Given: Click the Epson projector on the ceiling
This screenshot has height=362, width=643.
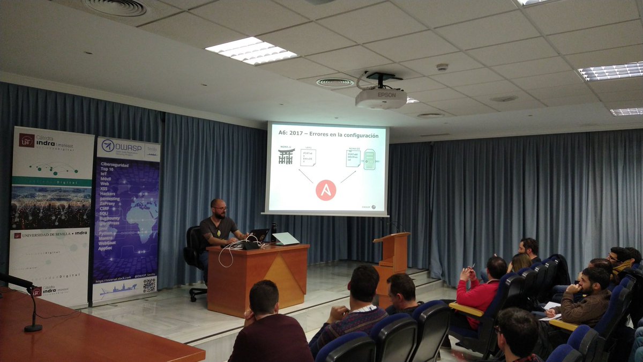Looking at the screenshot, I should tap(381, 98).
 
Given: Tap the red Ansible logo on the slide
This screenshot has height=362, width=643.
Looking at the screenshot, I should tap(326, 190).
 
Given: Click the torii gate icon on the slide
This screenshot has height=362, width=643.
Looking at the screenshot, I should tap(286, 156).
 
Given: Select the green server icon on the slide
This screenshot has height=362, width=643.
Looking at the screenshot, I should tap(369, 159).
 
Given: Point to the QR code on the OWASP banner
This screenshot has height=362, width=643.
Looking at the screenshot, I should tap(149, 285).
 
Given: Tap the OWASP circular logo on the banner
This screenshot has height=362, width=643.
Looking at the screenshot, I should tap(108, 146).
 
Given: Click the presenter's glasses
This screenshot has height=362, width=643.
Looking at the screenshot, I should tap(220, 208).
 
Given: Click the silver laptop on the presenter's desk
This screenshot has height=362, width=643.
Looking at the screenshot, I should tap(285, 239).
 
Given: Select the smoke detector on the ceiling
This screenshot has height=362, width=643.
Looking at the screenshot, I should tap(442, 68).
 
